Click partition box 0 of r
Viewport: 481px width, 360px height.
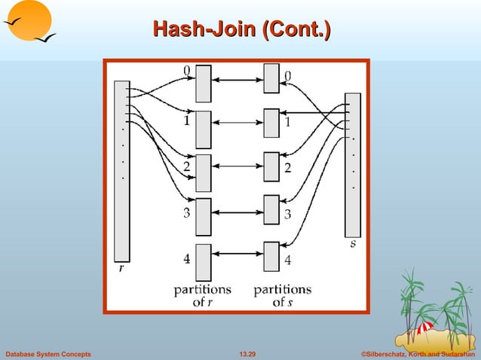pyautogui.click(x=204, y=83)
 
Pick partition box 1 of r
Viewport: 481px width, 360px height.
pyautogui.click(x=204, y=129)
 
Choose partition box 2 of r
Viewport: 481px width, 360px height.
pyautogui.click(x=204, y=172)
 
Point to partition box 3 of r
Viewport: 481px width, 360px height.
pyautogui.click(x=204, y=216)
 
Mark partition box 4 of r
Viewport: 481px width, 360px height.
pyautogui.click(x=204, y=261)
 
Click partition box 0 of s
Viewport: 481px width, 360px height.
pyautogui.click(x=271, y=79)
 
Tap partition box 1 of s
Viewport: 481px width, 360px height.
pyautogui.click(x=271, y=123)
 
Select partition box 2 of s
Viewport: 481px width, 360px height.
pyautogui.click(x=271, y=166)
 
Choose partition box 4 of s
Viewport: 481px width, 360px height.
pyautogui.click(x=271, y=256)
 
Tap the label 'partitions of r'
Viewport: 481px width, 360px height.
pyautogui.click(x=203, y=295)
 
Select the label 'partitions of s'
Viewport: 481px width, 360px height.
pyautogui.click(x=282, y=295)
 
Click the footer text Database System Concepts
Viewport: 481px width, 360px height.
pyautogui.click(x=48, y=353)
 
